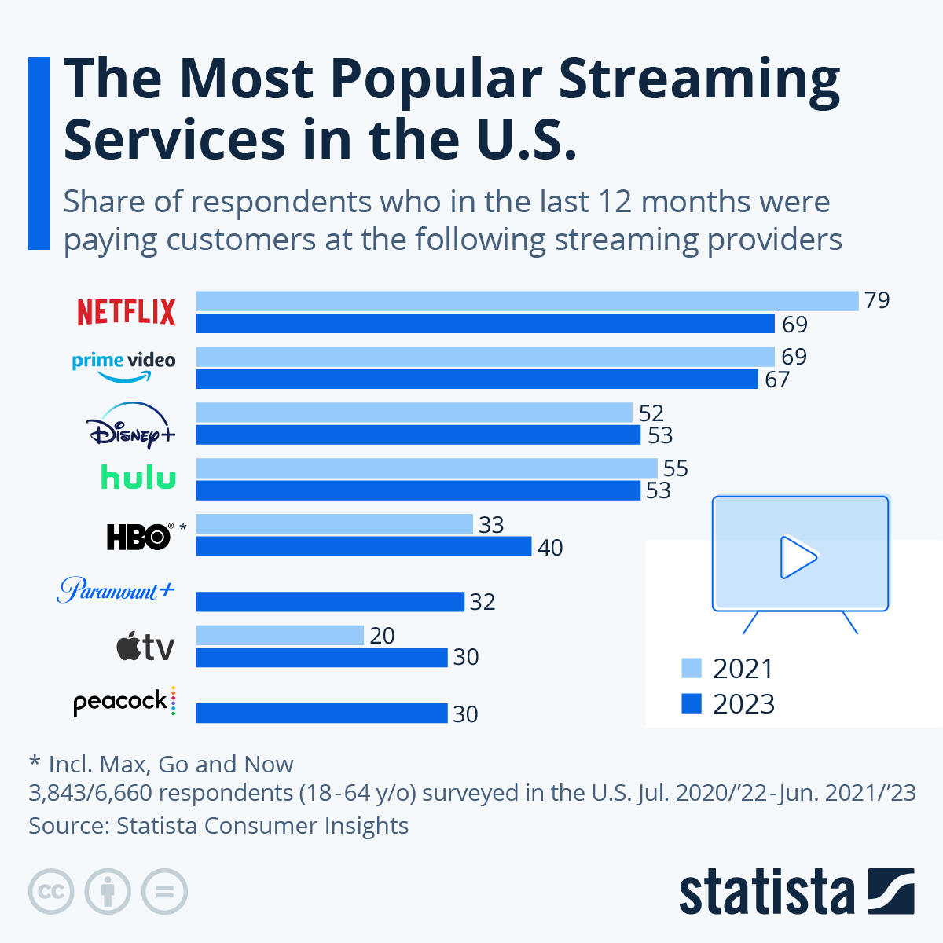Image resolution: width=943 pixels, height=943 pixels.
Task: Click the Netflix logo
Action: (x=127, y=312)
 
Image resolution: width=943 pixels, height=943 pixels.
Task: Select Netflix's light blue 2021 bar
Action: (x=527, y=301)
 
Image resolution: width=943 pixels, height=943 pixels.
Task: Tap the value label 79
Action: (x=877, y=301)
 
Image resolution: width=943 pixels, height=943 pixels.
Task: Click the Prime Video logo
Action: (x=124, y=366)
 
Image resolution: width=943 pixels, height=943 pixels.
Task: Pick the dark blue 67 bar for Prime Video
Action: (x=477, y=380)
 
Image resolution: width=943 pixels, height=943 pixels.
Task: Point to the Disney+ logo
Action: (x=130, y=424)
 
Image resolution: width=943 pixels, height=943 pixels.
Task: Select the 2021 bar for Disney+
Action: (x=414, y=413)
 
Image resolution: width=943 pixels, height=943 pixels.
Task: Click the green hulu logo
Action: (x=138, y=477)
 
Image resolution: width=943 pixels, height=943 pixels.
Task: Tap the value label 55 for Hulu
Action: (x=675, y=469)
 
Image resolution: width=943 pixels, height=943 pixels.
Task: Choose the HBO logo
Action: (x=139, y=537)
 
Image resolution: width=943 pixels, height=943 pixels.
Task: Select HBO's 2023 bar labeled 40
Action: (x=364, y=546)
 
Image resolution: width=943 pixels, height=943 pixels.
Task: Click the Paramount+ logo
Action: (x=116, y=589)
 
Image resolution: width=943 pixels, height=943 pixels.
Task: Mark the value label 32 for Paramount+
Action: (x=483, y=602)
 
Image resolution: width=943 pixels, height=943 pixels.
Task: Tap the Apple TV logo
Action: (x=145, y=648)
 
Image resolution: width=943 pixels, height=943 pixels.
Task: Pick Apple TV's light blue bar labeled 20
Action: (x=280, y=635)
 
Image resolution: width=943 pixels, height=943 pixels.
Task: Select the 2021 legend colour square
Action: (x=692, y=669)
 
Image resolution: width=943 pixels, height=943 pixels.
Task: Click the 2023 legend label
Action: (x=743, y=704)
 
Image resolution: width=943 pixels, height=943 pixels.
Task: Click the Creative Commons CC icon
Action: (x=52, y=892)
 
